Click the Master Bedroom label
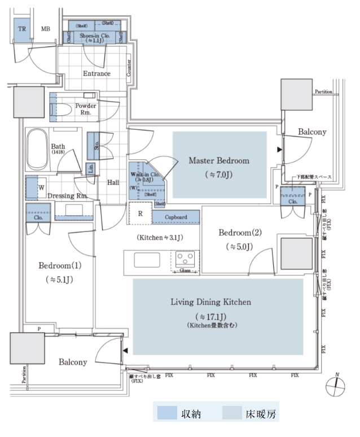tap(219, 161)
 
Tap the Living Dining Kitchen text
tap(210, 303)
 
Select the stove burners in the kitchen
tap(185, 260)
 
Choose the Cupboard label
tap(176, 217)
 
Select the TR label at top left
tap(22, 29)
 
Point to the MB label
tap(46, 29)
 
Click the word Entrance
tap(96, 73)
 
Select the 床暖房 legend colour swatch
tap(231, 414)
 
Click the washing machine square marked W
tap(41, 188)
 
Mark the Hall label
tap(113, 182)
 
